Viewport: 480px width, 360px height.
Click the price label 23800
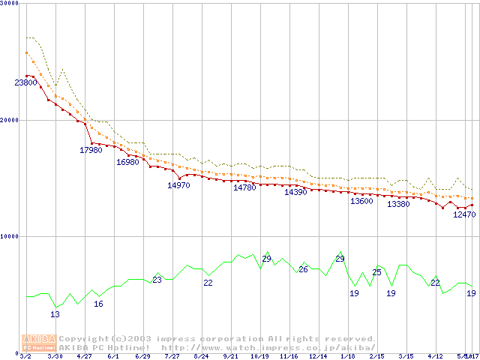pyautogui.click(x=25, y=82)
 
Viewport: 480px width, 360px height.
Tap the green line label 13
pyautogui.click(x=55, y=314)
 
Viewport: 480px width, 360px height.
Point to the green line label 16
pyautogui.click(x=98, y=304)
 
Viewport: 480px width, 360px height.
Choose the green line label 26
pyautogui.click(x=303, y=269)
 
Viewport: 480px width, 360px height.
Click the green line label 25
pyautogui.click(x=376, y=272)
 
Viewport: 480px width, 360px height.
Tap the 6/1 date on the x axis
pyautogui.click(x=113, y=356)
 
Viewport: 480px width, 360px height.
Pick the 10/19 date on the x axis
pyautogui.click(x=259, y=356)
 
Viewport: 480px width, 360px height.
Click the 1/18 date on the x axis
pyautogui.click(x=347, y=356)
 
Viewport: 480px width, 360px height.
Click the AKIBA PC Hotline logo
pyautogui.click(x=39, y=342)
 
